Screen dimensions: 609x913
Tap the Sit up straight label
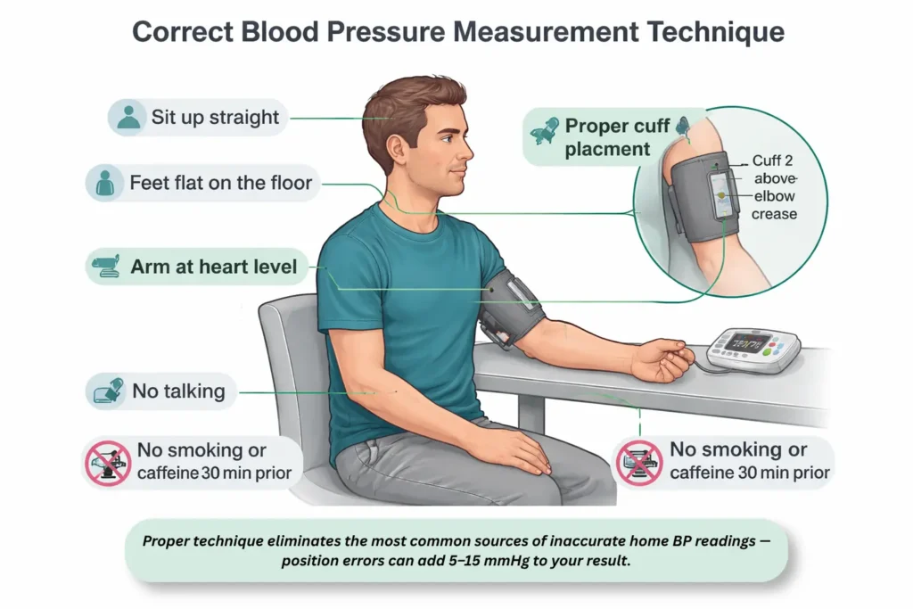(x=215, y=118)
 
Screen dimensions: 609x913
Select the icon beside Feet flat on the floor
(x=105, y=183)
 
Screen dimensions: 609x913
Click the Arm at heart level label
(x=214, y=267)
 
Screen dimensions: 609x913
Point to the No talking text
(x=178, y=391)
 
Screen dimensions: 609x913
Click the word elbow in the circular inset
(x=775, y=196)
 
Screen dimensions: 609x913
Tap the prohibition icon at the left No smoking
(x=108, y=462)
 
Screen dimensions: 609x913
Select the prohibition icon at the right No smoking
(x=640, y=462)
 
